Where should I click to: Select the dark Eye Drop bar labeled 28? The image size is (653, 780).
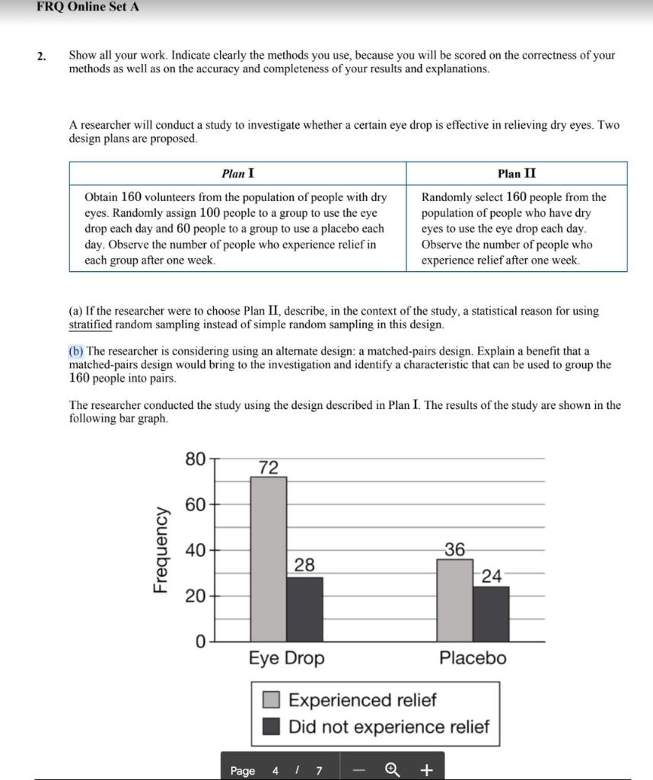304,609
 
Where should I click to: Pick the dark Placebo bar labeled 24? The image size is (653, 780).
491,614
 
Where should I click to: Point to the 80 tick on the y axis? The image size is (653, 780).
195,459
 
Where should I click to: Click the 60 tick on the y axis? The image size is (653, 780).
195,504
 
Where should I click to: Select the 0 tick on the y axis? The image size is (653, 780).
199,642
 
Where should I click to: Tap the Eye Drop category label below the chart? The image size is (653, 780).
286,658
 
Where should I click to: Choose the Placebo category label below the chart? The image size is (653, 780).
472,658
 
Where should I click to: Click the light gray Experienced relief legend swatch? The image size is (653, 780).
271,700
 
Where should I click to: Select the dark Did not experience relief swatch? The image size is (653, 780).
271,727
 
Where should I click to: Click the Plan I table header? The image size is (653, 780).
237,174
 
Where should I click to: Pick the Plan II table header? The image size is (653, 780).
517,174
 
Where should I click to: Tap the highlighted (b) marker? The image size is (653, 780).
76,351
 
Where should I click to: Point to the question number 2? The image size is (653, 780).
42,56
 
